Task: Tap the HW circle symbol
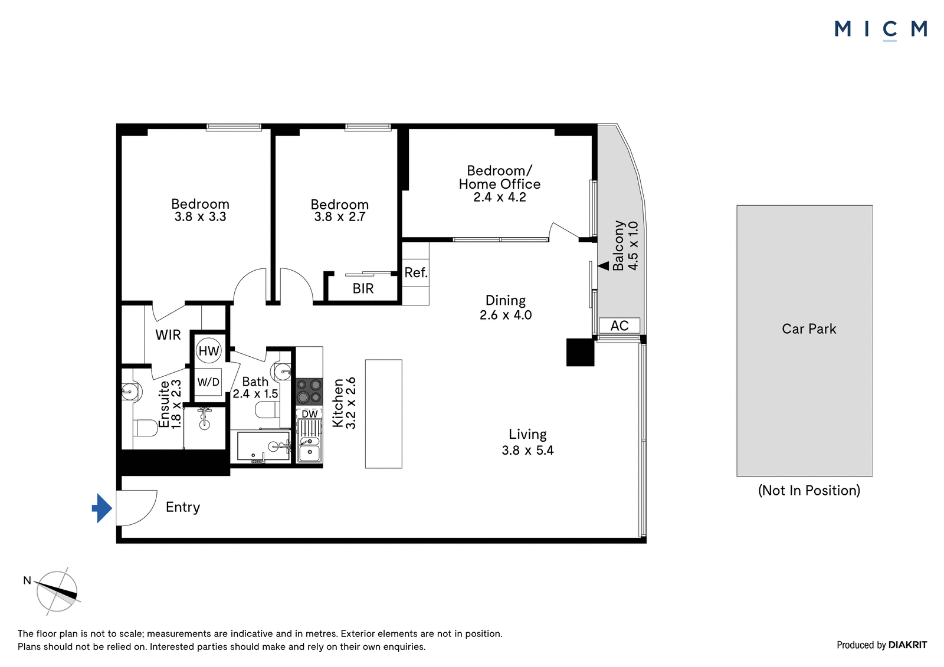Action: [x=209, y=350]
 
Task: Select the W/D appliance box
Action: [x=209, y=382]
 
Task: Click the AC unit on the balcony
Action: [x=619, y=326]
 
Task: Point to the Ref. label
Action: [x=416, y=272]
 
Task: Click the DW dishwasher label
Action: [x=310, y=414]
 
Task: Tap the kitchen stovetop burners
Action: [x=309, y=392]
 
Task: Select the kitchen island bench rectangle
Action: [x=383, y=414]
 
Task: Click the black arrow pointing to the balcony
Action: [x=604, y=266]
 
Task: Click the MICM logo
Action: [x=881, y=30]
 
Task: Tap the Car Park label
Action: [x=809, y=328]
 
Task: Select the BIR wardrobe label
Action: [x=363, y=288]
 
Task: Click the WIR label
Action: [x=168, y=335]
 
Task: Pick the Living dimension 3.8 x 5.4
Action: [x=527, y=451]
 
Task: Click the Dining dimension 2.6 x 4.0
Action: [x=506, y=315]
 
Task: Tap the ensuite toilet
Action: [x=139, y=428]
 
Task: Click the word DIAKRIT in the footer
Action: [x=908, y=645]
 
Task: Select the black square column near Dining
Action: [x=581, y=352]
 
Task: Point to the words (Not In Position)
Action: [x=809, y=491]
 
